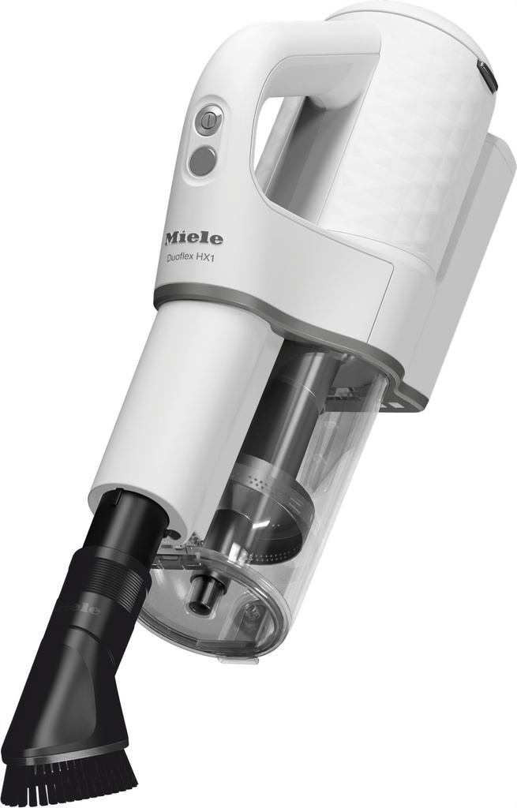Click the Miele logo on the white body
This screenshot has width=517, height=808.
[x=193, y=238]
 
